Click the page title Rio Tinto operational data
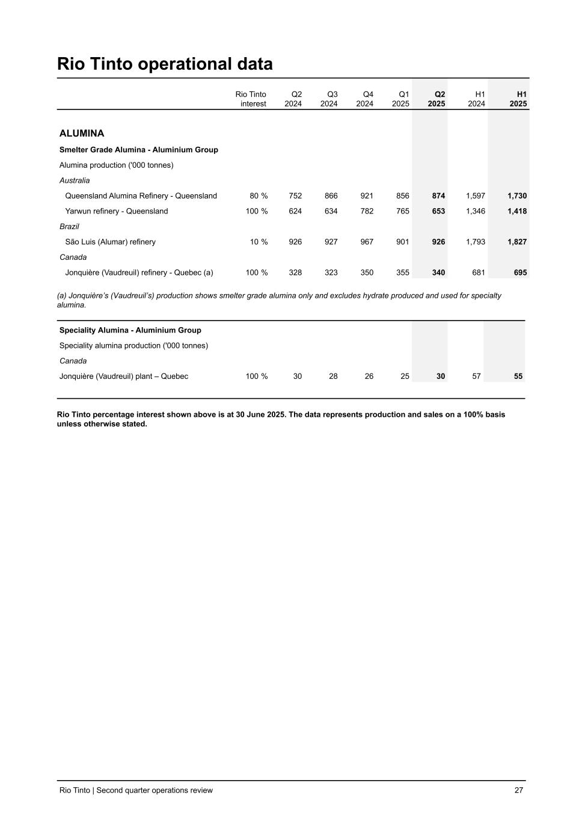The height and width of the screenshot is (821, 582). (x=165, y=64)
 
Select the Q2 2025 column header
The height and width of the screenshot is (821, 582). (x=437, y=99)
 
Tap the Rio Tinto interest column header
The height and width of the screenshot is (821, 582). (x=251, y=99)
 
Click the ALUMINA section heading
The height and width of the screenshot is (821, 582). (x=82, y=134)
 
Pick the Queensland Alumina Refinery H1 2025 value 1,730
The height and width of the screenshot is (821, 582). (x=517, y=196)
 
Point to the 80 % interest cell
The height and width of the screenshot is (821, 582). (x=259, y=196)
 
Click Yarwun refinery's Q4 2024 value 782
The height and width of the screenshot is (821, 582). (x=367, y=211)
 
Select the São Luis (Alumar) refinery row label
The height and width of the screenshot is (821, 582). (x=110, y=242)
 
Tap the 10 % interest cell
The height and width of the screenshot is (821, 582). (x=259, y=242)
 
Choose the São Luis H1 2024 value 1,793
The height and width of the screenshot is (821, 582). (x=475, y=242)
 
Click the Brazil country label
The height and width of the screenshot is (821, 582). (x=69, y=227)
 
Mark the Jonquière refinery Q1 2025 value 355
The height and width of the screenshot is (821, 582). (x=403, y=272)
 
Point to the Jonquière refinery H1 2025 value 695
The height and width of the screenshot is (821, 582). (x=521, y=272)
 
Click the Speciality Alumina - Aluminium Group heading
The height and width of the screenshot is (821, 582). (x=130, y=330)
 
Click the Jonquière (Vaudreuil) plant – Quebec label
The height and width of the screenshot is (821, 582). (x=124, y=377)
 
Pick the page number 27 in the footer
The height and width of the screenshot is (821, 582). (x=519, y=790)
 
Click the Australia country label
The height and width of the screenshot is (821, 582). (x=75, y=180)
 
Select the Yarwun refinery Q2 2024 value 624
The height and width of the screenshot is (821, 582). (x=295, y=211)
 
